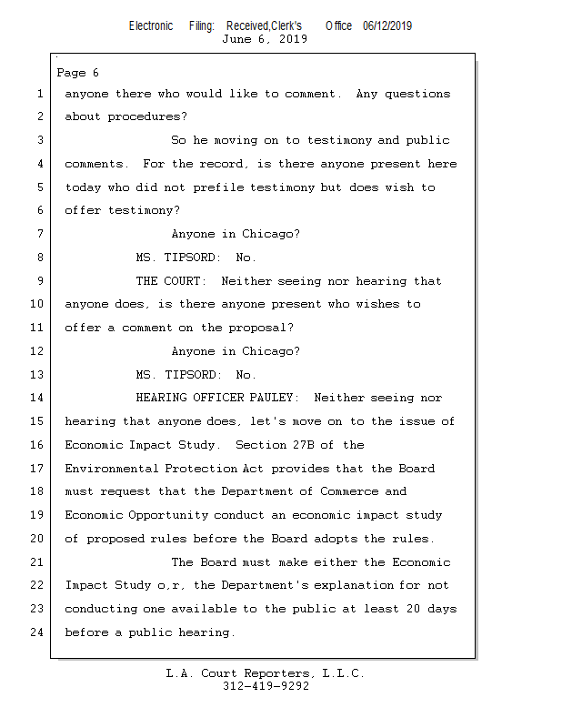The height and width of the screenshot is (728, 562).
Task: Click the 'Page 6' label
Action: pyautogui.click(x=77, y=73)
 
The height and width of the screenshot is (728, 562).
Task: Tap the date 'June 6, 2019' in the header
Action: pyautogui.click(x=265, y=39)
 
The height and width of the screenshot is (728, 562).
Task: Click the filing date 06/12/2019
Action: pyautogui.click(x=387, y=25)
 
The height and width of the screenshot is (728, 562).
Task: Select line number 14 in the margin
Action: pyautogui.click(x=36, y=398)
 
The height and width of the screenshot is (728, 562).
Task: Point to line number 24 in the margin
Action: pyautogui.click(x=36, y=632)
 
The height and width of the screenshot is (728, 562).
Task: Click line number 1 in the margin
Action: pyautogui.click(x=40, y=94)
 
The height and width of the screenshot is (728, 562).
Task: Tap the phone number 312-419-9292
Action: pyautogui.click(x=266, y=686)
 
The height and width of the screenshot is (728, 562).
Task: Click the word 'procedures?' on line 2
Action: pyautogui.click(x=147, y=117)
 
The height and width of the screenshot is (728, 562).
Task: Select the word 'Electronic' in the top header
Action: pyautogui.click(x=151, y=25)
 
